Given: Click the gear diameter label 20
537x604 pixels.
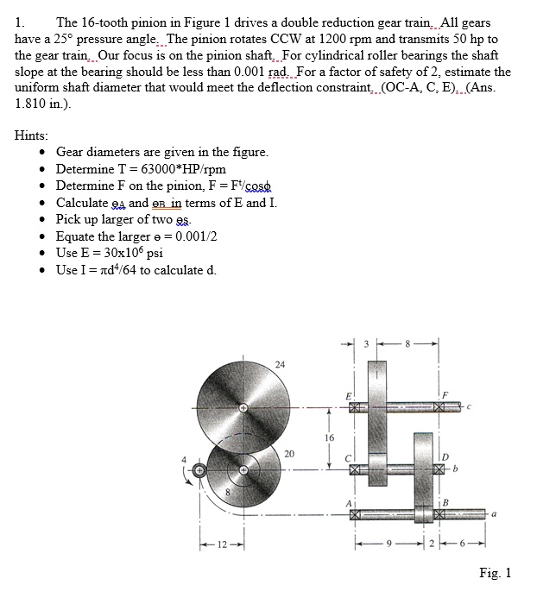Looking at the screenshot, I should click(x=288, y=453).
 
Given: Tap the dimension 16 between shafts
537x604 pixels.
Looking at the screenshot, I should click(x=329, y=438).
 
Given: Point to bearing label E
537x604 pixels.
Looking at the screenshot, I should click(x=348, y=395).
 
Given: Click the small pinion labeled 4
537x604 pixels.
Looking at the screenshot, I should click(x=199, y=470).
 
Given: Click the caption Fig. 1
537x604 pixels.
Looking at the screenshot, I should click(x=496, y=573).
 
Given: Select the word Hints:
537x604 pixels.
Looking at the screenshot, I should click(x=32, y=135).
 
